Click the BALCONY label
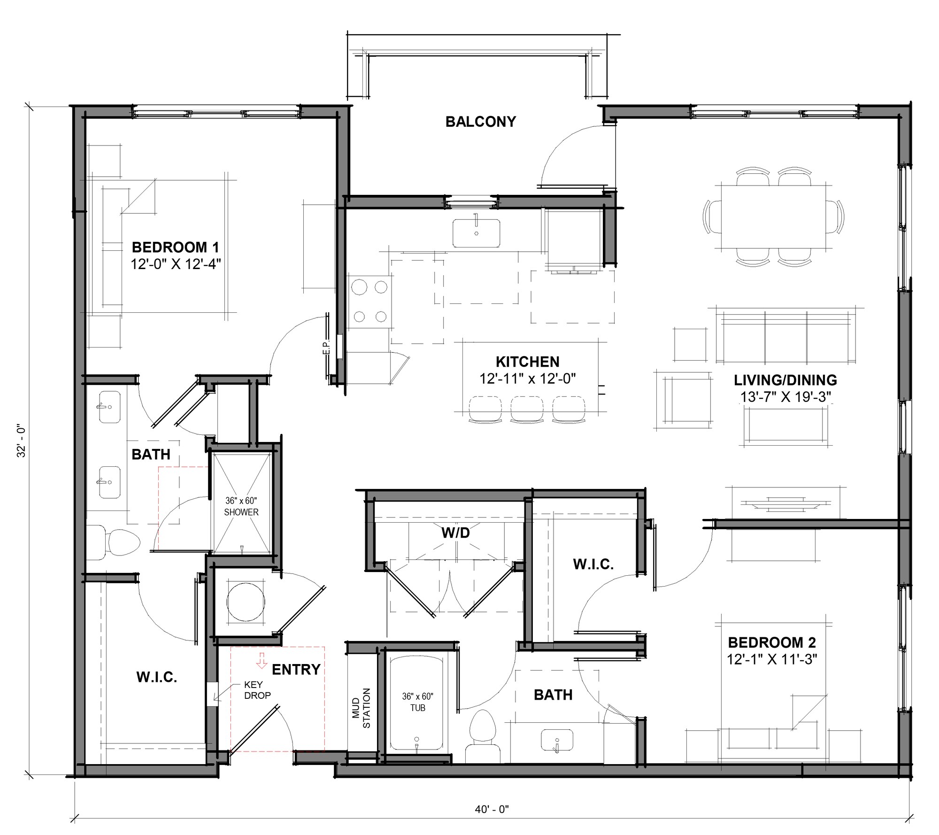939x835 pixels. point(480,122)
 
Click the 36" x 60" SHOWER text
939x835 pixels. point(241,507)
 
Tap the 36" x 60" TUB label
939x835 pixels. point(417,702)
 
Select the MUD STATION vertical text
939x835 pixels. point(361,708)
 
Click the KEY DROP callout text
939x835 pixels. point(257,690)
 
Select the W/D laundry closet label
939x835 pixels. point(455,533)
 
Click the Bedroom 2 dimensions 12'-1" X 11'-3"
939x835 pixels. point(772,659)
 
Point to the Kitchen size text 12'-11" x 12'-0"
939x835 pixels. point(527,379)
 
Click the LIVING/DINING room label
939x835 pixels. point(785,380)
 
